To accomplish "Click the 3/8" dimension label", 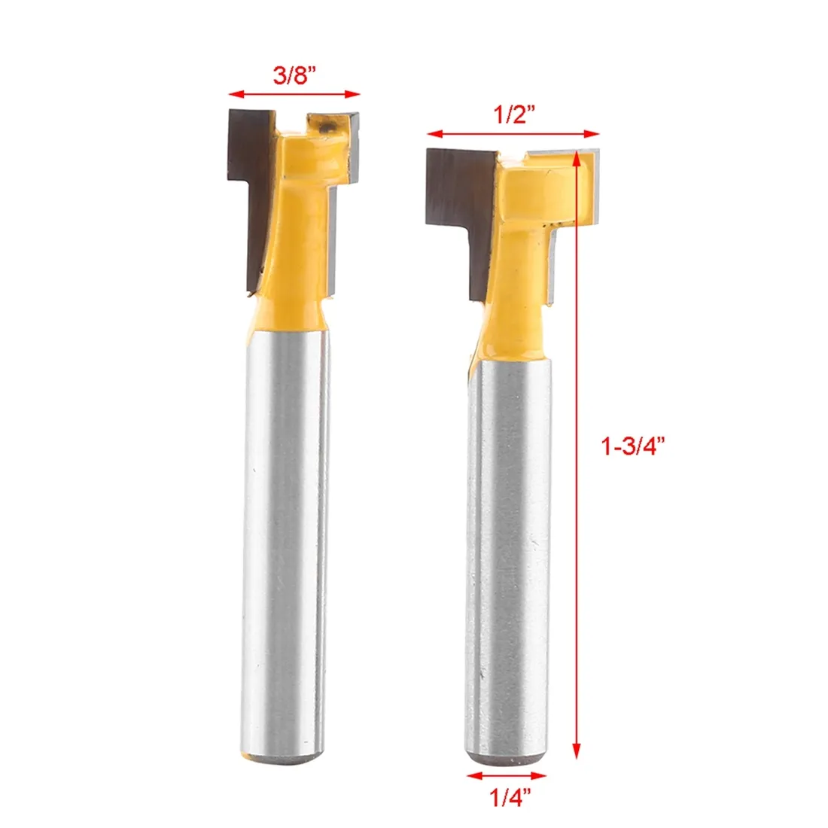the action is (294, 76).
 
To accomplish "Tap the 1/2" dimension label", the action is (514, 115).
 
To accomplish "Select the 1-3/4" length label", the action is (632, 446).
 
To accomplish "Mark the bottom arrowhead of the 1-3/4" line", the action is (577, 751).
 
